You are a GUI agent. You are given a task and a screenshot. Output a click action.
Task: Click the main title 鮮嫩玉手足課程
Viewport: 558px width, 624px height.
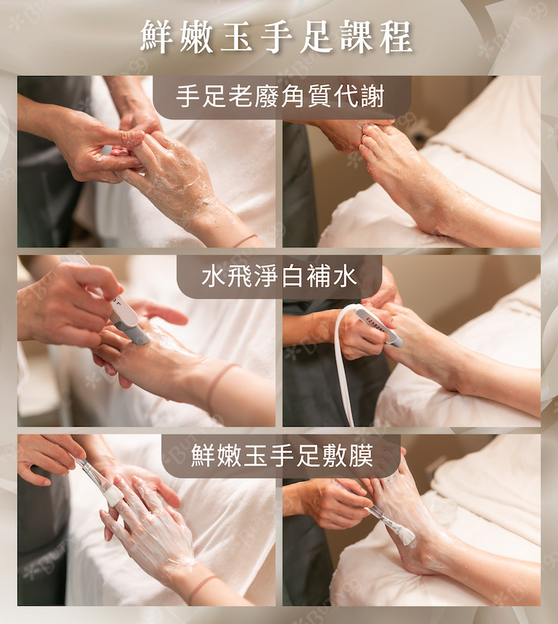pyautogui.click(x=276, y=37)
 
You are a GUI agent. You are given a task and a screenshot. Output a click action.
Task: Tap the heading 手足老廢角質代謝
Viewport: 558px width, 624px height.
pyautogui.click(x=280, y=97)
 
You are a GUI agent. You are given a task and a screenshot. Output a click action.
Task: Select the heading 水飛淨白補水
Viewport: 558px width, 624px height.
pyautogui.click(x=280, y=277)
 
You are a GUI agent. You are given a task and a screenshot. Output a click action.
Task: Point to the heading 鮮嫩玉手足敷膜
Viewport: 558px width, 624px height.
pyautogui.click(x=282, y=456)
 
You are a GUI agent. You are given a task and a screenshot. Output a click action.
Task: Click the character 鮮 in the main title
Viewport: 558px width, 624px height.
pyautogui.click(x=156, y=37)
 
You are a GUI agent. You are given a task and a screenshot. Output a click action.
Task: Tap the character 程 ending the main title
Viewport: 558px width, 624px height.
pyautogui.click(x=396, y=37)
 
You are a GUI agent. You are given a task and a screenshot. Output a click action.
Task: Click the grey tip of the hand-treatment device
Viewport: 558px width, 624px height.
pyautogui.click(x=139, y=335)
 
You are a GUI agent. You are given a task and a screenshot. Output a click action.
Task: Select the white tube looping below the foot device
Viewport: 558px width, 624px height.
pyautogui.click(x=343, y=366)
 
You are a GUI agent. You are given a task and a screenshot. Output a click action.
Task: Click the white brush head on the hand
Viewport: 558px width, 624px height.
pyautogui.click(x=114, y=496)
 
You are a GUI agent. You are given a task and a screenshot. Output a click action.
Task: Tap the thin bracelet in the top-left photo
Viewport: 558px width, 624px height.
pyautogui.click(x=244, y=241)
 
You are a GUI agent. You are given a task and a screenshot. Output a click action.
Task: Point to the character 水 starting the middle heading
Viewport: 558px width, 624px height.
pyautogui.click(x=213, y=277)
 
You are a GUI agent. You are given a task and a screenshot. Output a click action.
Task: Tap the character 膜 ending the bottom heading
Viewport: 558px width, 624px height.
pyautogui.click(x=361, y=456)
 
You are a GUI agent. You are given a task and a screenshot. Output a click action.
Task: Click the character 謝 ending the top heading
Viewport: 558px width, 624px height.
pyautogui.click(x=373, y=97)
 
